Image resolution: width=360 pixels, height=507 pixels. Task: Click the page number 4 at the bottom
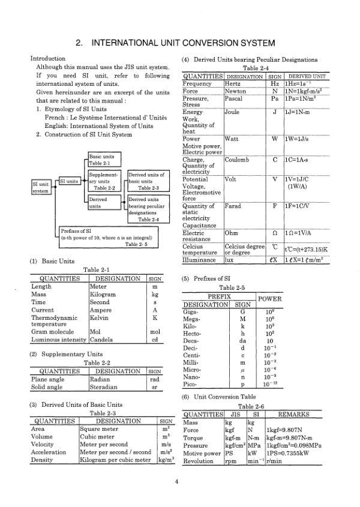point(176,481)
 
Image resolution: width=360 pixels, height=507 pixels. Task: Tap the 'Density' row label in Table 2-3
point(41,460)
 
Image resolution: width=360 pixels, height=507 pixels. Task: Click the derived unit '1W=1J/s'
point(298,138)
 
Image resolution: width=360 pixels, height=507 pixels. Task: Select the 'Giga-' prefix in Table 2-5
point(190,311)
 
